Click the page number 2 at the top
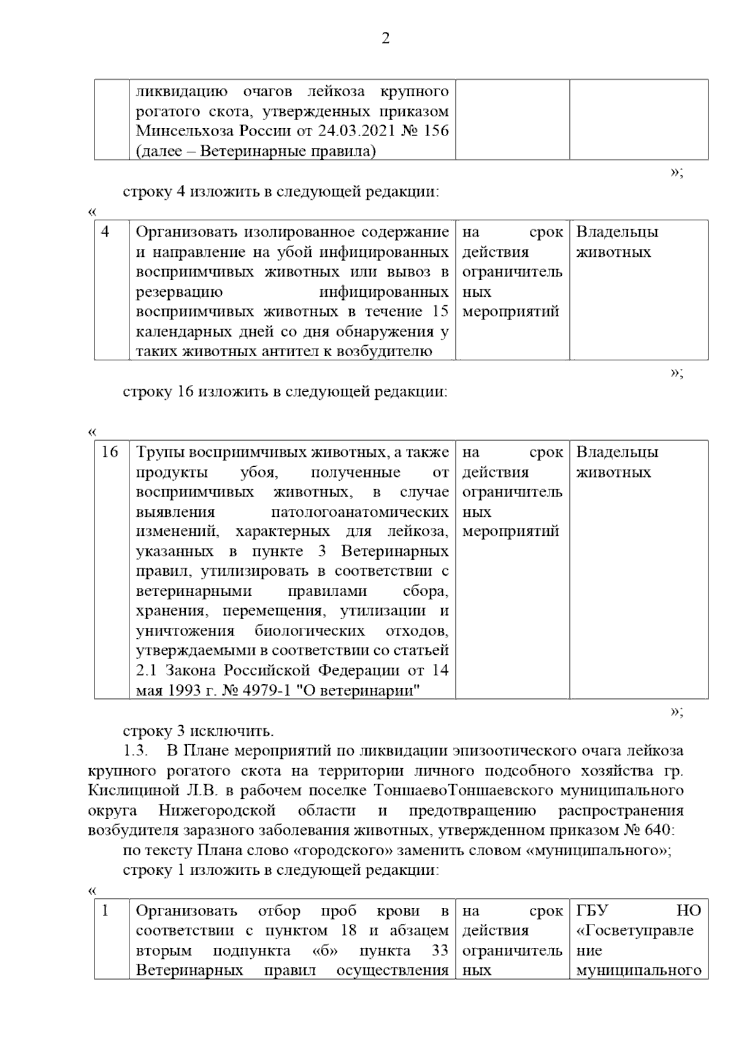coord(385,39)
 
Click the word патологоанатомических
coord(359,512)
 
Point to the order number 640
coord(657,830)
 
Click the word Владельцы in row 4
coord(617,232)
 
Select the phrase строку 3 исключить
coord(198,731)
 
